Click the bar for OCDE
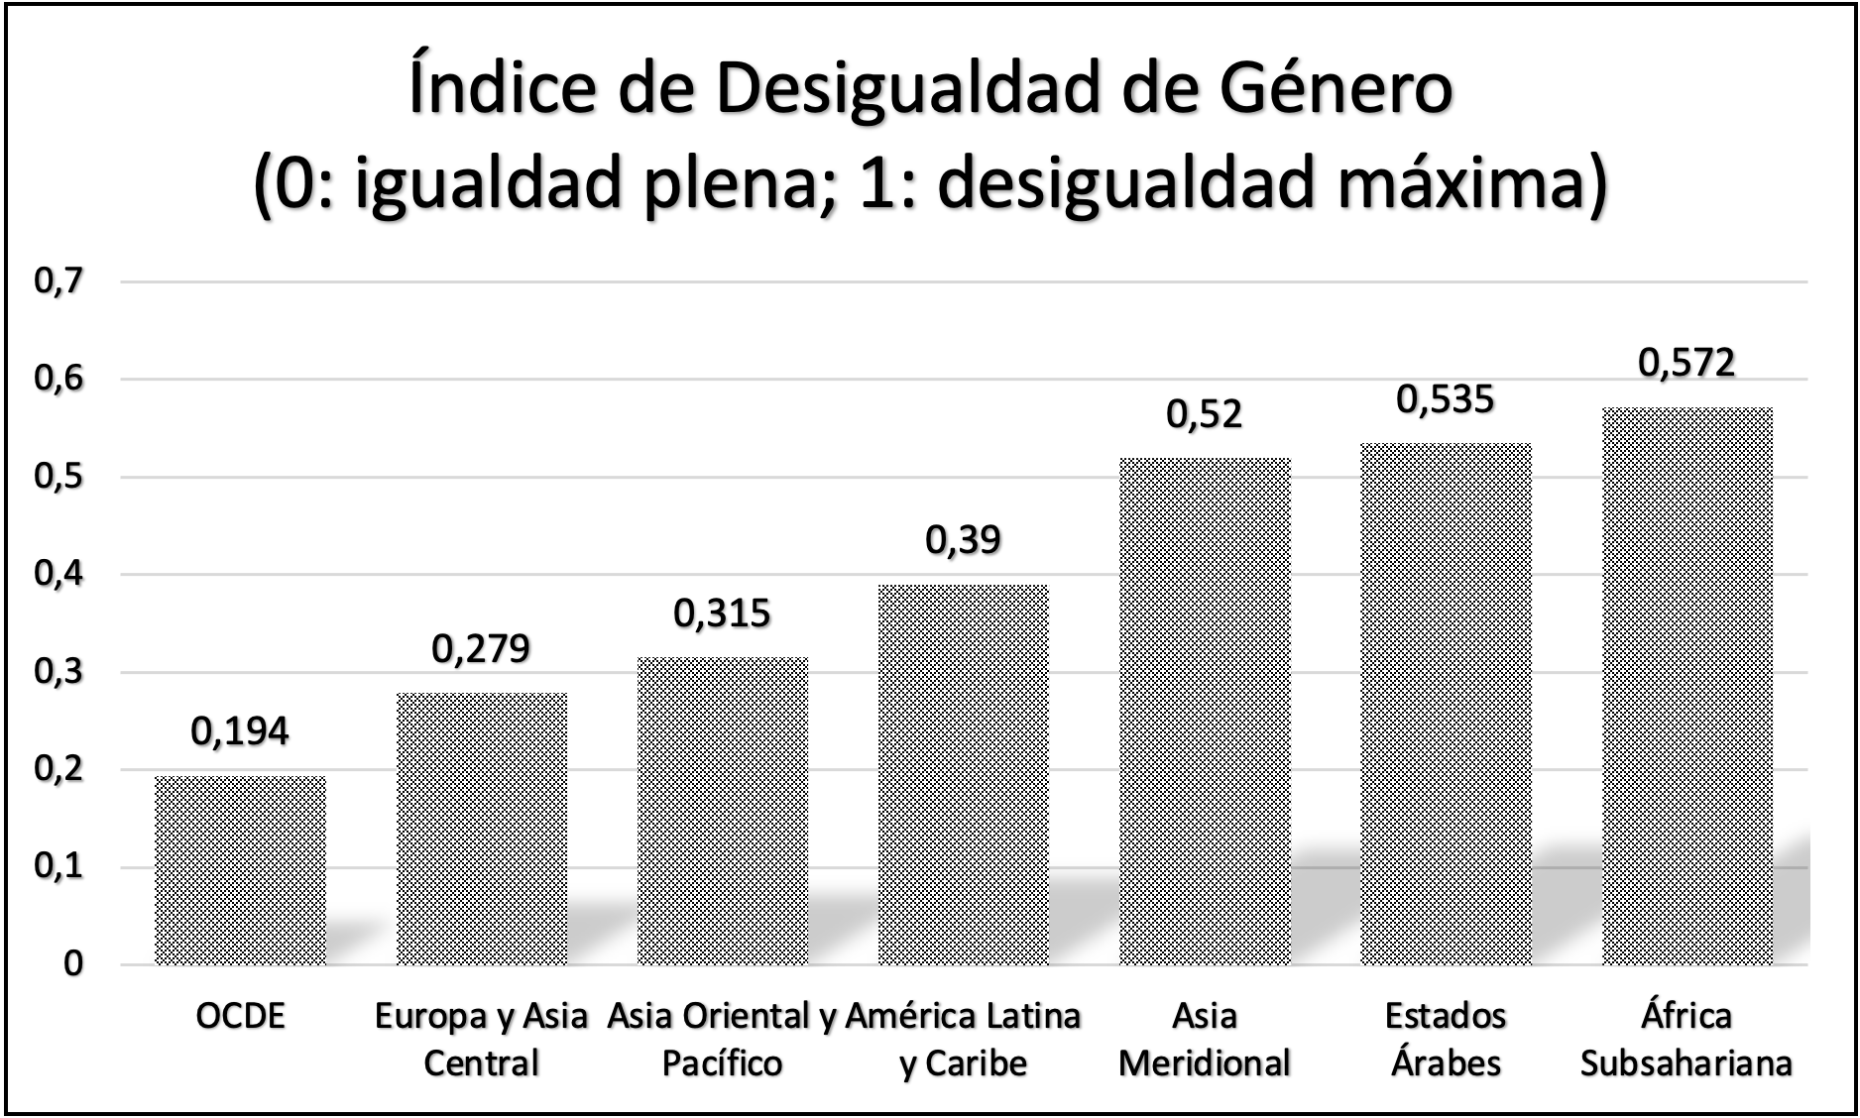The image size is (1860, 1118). point(241,870)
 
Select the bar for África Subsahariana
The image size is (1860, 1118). point(1686,686)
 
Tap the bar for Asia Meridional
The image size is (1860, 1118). point(1205,711)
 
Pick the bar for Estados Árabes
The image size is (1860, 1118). point(1446,704)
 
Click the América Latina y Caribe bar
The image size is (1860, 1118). point(963,774)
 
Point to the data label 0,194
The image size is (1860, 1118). point(240,731)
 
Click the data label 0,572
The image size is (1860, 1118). point(1686,363)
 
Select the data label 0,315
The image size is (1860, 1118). point(722,614)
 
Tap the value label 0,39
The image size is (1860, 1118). point(963,540)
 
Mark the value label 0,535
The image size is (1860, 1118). point(1446,399)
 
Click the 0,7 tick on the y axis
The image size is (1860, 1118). point(58,281)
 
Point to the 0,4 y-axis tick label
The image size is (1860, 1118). point(58,575)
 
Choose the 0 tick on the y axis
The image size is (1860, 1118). point(72,964)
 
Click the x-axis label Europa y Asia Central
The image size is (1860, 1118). point(481,1039)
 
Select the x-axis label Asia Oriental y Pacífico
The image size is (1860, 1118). point(722,1039)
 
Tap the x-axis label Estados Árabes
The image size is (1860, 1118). point(1446,1039)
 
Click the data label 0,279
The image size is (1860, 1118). point(481,649)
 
